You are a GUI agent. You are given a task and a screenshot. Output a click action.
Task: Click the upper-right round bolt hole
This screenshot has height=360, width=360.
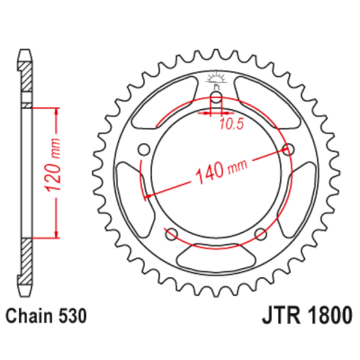point(289,150)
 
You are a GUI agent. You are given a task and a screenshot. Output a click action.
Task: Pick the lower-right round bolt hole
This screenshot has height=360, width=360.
point(260,233)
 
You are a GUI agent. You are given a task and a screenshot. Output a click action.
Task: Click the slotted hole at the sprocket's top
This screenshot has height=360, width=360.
point(217,101)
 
